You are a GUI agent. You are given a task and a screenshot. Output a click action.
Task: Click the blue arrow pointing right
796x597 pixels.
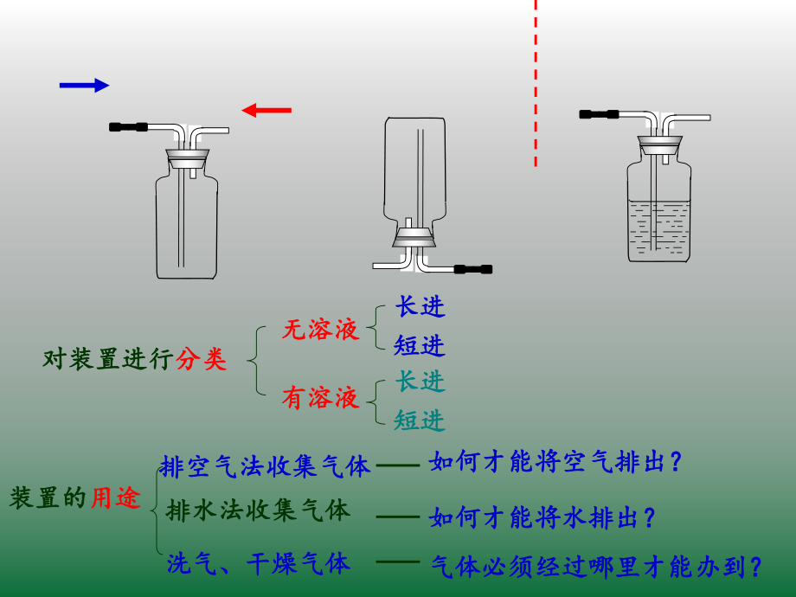point(84,85)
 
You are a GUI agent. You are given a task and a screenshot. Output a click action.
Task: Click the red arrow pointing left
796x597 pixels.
point(266,110)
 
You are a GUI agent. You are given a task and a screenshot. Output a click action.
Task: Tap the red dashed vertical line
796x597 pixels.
point(536,83)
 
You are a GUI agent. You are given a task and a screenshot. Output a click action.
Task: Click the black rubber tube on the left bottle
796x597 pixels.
point(129,127)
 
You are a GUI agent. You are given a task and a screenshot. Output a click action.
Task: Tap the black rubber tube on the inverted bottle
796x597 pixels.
point(472,269)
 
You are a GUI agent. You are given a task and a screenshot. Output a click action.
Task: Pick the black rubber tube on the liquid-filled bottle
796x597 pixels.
point(599,113)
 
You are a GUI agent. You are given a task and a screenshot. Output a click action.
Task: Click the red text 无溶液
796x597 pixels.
point(319,330)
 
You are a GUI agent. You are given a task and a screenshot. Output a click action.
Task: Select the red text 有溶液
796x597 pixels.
point(319,398)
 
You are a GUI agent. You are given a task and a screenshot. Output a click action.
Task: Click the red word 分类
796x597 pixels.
point(202,360)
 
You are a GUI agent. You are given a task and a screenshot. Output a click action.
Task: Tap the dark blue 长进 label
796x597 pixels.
point(420,307)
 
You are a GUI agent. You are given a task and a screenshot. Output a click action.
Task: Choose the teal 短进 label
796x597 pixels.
point(420,420)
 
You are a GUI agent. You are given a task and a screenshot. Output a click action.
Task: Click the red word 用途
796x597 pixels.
point(115,498)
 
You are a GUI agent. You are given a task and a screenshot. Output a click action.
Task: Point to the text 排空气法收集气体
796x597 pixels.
point(265,467)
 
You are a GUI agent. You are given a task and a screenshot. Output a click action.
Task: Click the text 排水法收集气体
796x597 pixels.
point(258,510)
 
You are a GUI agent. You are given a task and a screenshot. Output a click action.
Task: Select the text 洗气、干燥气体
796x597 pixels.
point(258,565)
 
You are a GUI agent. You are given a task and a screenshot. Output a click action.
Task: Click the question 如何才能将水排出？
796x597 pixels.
point(542,518)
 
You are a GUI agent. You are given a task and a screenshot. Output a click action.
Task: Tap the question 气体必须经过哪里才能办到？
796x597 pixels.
point(596,567)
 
